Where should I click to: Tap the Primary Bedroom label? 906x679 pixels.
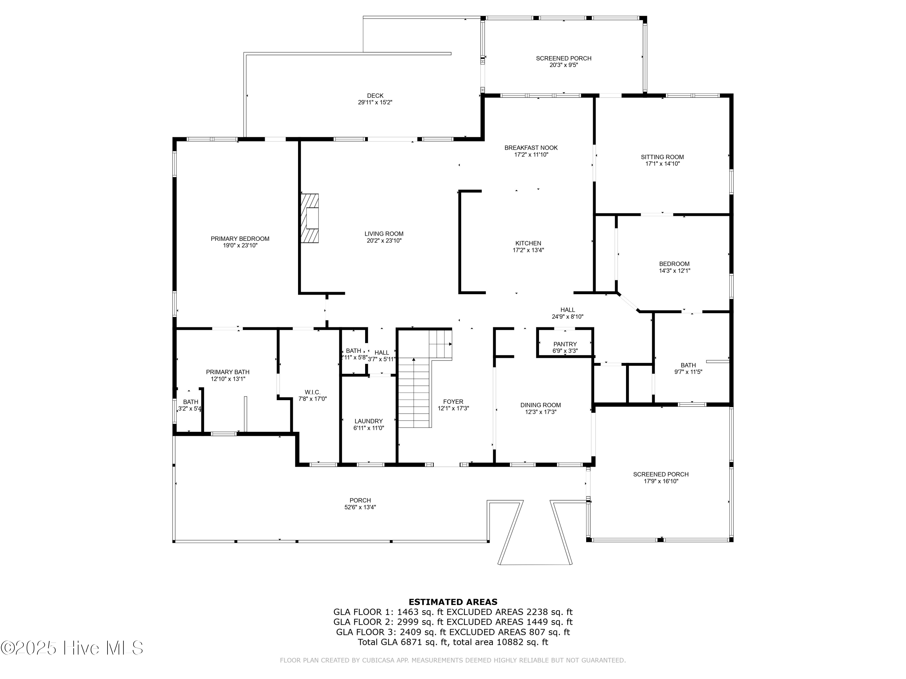[x=240, y=239]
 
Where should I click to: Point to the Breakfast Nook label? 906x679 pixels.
[x=531, y=148]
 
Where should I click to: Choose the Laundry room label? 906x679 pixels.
[x=369, y=421]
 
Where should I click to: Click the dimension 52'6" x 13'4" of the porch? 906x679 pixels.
[x=360, y=507]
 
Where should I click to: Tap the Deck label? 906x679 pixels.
[x=375, y=96]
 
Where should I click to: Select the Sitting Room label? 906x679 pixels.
[x=662, y=157]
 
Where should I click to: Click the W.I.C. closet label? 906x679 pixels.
[x=313, y=392]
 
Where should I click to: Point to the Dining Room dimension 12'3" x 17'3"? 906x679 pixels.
[x=541, y=412]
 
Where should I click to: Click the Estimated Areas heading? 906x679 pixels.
[x=453, y=602]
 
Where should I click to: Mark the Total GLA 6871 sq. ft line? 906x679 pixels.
[x=453, y=642]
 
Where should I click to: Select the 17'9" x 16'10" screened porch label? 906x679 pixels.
[x=661, y=481]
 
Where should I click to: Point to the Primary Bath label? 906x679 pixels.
[x=227, y=372]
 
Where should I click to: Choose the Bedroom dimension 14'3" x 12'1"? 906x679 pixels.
[x=674, y=270]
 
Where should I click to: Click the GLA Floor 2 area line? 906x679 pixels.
[x=453, y=622]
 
